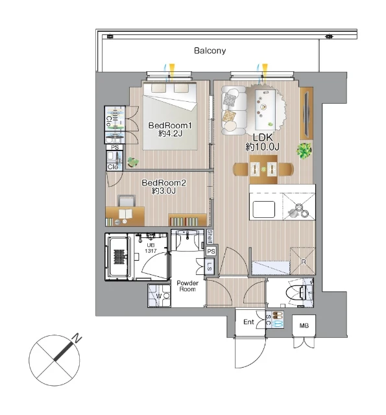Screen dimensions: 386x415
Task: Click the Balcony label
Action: (210, 51)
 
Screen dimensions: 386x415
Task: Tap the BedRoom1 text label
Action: (170, 125)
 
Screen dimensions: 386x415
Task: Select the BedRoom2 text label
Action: (164, 183)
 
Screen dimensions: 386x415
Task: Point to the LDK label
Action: (263, 137)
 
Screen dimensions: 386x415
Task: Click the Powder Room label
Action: (187, 286)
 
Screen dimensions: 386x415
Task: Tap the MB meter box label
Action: (304, 326)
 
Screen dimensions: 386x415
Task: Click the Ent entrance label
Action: (248, 322)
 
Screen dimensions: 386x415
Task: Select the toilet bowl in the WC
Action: (296, 293)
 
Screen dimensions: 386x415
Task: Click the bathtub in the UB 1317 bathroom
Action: (119, 257)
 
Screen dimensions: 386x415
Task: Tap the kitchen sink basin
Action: (263, 209)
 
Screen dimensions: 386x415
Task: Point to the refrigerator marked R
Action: (302, 261)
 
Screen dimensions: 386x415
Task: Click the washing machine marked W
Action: (159, 296)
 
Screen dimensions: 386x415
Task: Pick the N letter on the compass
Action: (77, 338)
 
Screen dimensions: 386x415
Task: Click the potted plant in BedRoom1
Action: (132, 161)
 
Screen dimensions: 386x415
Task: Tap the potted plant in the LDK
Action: (304, 151)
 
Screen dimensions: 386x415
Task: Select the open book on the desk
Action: (125, 214)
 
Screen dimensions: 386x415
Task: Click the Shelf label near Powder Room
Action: (210, 236)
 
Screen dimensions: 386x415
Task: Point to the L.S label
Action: (210, 267)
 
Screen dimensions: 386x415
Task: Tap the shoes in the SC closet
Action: (278, 315)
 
